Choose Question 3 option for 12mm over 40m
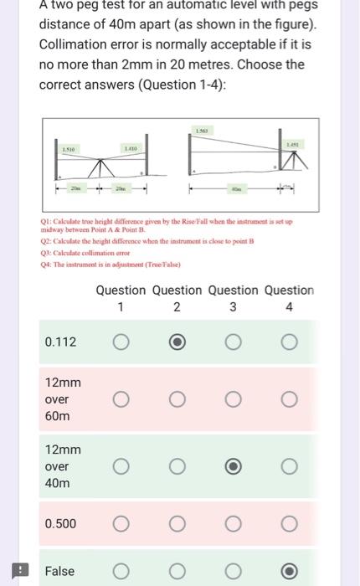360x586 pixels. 233,466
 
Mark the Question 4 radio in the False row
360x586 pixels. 289,571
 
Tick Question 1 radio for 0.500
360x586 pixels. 121,523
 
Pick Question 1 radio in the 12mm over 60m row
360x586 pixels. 121,399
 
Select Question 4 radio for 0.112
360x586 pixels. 289,342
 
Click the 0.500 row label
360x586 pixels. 60,523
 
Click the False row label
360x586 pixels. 59,571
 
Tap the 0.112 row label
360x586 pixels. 60,342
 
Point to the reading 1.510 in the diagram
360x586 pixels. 69,148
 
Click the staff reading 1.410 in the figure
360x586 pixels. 131,148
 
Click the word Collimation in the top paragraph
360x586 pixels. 76,46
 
